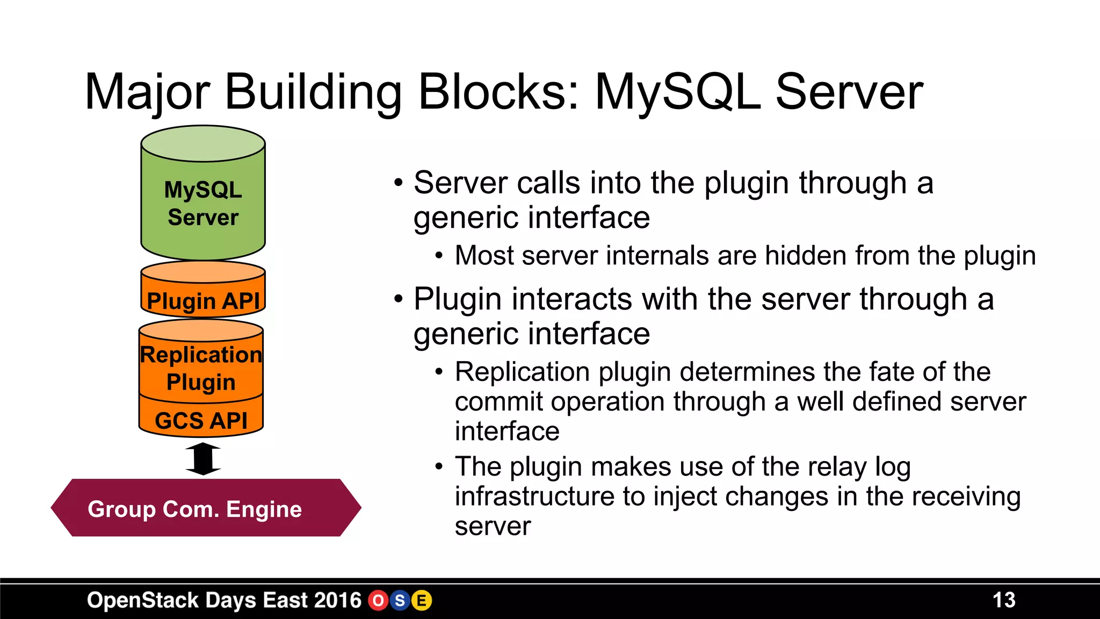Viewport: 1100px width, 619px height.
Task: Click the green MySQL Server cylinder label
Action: tap(203, 204)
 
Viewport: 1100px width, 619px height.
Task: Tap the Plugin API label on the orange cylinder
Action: tap(203, 301)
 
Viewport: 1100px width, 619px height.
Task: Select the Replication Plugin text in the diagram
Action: tap(201, 369)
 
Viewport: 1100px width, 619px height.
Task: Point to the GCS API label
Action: tap(201, 421)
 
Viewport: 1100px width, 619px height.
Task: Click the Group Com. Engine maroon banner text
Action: tap(194, 509)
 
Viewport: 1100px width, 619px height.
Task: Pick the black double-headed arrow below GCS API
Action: tap(203, 459)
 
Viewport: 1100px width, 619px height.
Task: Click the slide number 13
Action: tap(1003, 600)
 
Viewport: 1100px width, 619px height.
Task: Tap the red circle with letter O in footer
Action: tap(378, 601)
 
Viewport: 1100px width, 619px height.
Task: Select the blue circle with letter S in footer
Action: tap(400, 601)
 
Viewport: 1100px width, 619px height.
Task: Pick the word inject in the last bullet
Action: tap(685, 496)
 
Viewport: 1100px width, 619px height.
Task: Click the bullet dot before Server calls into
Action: tap(398, 183)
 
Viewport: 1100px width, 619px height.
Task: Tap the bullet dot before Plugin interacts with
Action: tap(398, 299)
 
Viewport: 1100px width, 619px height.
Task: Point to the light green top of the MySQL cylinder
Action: tap(203, 143)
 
